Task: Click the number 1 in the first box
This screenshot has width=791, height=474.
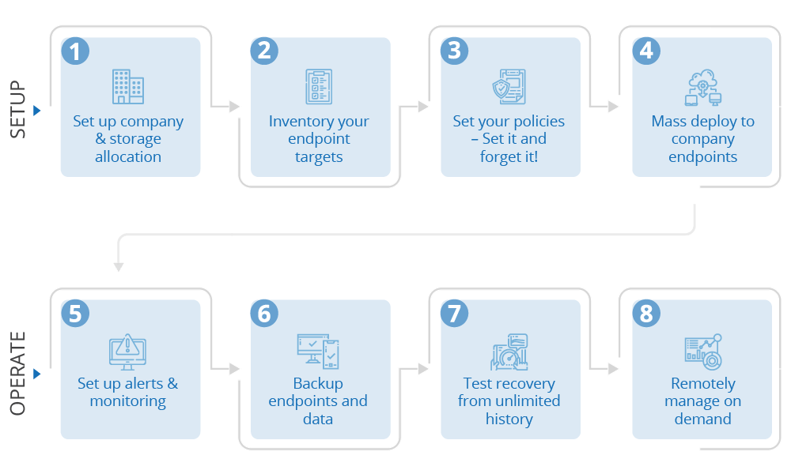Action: pyautogui.click(x=75, y=52)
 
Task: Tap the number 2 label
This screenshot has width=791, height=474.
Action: pyautogui.click(x=264, y=51)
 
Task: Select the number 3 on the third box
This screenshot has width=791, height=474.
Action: pyautogui.click(x=454, y=51)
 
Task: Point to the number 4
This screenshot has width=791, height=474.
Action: pyautogui.click(x=646, y=51)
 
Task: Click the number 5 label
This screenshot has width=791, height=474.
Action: pyautogui.click(x=75, y=314)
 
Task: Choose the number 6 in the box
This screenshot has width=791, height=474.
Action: pyautogui.click(x=264, y=314)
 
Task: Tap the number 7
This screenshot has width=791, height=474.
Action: pyautogui.click(x=454, y=314)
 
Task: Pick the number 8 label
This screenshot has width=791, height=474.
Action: pyautogui.click(x=646, y=314)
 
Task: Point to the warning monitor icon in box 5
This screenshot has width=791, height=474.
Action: pyautogui.click(x=127, y=352)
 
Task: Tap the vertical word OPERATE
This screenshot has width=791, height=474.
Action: pyautogui.click(x=18, y=373)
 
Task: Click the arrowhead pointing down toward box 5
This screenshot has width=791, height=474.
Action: pyautogui.click(x=119, y=267)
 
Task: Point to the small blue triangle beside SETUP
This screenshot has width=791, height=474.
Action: pyautogui.click(x=36, y=111)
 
